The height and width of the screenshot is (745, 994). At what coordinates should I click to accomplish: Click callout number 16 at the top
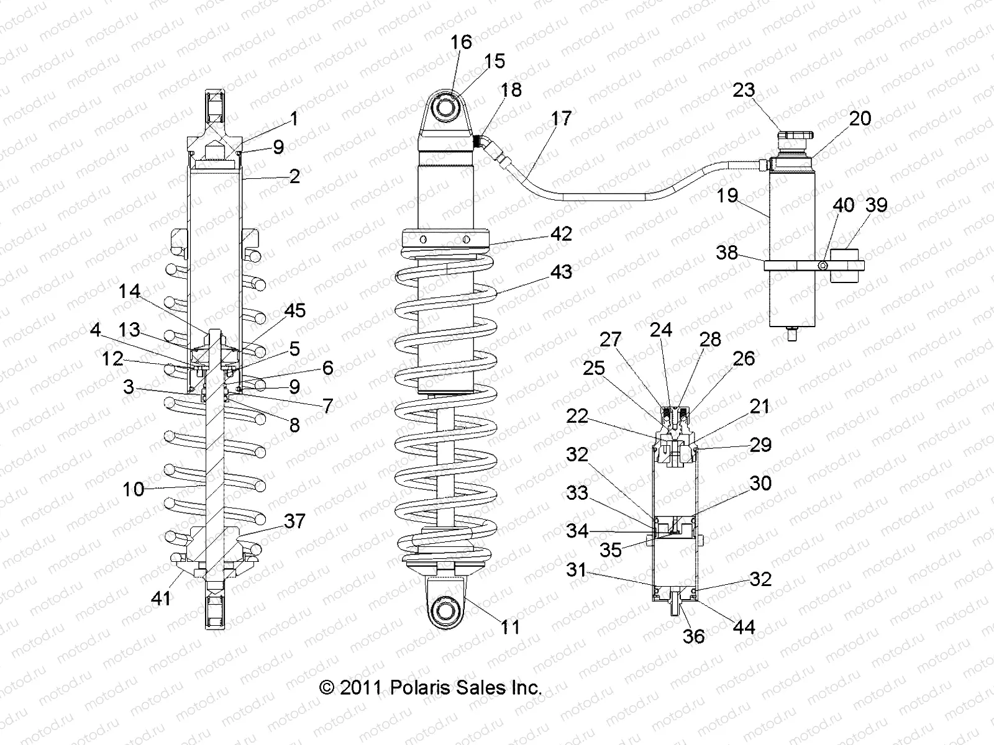click(x=461, y=42)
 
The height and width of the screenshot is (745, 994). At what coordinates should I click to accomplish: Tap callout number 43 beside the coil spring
click(x=560, y=271)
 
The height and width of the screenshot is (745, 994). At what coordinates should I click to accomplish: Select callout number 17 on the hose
click(x=560, y=118)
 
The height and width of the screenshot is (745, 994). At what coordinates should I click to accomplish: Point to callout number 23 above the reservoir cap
click(x=743, y=90)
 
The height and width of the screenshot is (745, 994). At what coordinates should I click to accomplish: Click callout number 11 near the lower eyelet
click(x=510, y=627)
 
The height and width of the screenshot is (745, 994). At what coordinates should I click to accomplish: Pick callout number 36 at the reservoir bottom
click(x=693, y=636)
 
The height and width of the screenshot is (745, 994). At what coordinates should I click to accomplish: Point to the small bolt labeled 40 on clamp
click(x=823, y=266)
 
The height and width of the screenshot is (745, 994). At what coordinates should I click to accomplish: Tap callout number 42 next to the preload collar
click(x=560, y=233)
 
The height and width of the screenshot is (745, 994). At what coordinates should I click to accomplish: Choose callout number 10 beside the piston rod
click(x=133, y=489)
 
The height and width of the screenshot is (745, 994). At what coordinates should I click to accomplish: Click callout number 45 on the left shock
click(x=294, y=310)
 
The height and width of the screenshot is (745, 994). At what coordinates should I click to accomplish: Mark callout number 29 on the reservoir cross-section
click(x=760, y=445)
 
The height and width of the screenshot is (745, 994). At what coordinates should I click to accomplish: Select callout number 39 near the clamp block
click(x=876, y=205)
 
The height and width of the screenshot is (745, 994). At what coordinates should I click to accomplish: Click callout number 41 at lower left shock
click(x=162, y=598)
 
